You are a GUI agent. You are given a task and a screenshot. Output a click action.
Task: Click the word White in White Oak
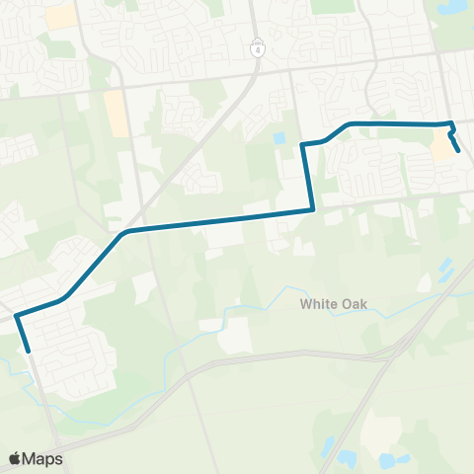(x=318, y=304)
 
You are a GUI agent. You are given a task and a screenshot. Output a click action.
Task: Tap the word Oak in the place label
(x=353, y=304)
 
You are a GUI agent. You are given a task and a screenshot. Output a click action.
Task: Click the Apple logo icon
(x=15, y=458)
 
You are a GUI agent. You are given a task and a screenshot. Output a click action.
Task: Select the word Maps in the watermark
(x=43, y=458)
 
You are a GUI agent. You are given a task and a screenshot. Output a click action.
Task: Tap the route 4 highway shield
(x=257, y=49)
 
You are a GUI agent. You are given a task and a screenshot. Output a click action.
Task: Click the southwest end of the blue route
(x=29, y=350)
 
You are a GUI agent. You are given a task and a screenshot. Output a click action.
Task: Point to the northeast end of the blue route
(x=460, y=150)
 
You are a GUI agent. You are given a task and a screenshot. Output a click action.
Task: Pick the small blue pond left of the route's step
(x=278, y=138)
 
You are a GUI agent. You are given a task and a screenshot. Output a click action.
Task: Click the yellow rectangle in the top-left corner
(x=62, y=16)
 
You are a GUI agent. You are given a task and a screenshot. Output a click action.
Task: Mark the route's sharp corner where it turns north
(x=313, y=208)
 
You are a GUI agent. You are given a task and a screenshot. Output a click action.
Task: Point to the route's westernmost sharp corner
(x=17, y=317)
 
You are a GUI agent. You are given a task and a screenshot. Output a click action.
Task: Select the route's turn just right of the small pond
(x=302, y=145)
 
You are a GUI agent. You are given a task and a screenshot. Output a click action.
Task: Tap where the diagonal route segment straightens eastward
(x=126, y=232)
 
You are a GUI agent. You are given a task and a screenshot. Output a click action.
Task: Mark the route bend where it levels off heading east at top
(x=349, y=123)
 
